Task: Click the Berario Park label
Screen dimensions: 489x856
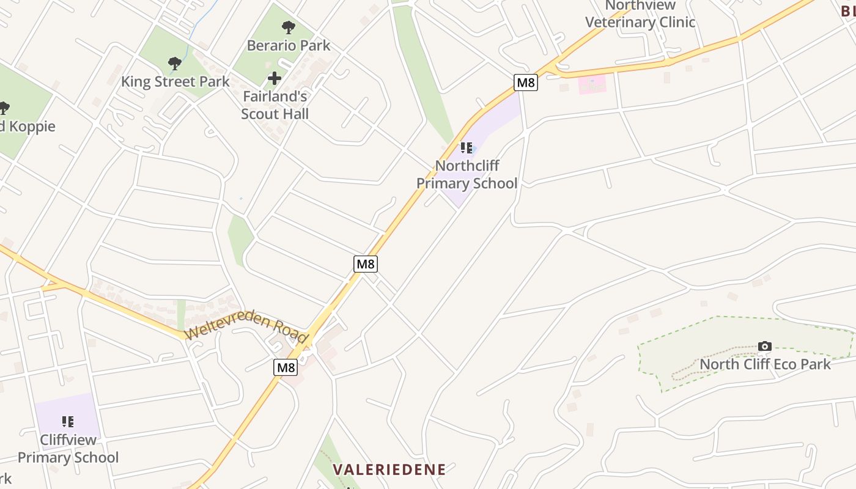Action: coord(289,45)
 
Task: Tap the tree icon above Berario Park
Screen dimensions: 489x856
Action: coord(289,28)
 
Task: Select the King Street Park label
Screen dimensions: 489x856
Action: coord(175,81)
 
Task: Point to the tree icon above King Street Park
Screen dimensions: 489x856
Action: coord(175,64)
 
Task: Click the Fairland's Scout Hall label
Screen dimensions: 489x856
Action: coord(275,105)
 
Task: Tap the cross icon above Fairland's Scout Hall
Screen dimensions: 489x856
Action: coord(275,78)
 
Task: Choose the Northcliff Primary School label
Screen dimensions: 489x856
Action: coord(467,174)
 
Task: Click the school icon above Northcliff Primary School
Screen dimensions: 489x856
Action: coord(467,147)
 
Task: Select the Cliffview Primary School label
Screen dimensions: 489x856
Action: coord(68,449)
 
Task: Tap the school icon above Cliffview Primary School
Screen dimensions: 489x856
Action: coord(68,421)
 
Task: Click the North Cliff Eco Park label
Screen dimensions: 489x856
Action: coord(765,364)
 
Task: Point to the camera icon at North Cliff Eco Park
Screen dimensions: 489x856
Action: coord(764,347)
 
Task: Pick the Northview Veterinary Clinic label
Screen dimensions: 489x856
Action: coord(640,14)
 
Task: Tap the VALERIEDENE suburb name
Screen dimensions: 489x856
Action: coord(389,469)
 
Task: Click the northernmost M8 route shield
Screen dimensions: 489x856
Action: coord(526,83)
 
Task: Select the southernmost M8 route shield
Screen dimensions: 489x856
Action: coord(286,367)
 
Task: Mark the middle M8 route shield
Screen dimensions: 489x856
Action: coord(365,264)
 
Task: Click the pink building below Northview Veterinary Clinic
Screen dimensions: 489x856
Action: coord(592,84)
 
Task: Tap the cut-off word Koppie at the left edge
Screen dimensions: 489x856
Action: coord(29,127)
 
